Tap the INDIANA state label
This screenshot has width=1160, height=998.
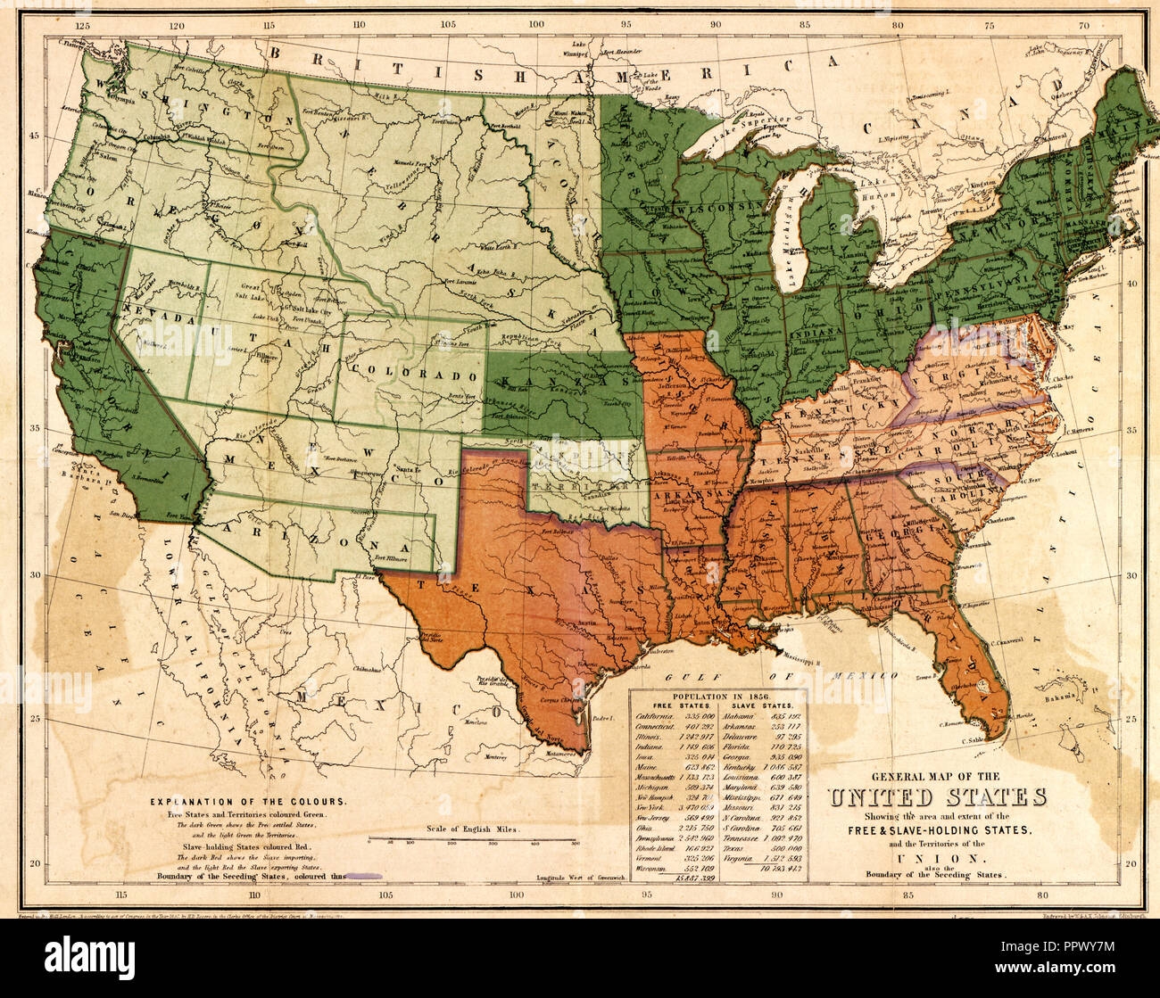[x=816, y=333]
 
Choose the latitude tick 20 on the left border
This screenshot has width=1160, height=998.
[x=35, y=863]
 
